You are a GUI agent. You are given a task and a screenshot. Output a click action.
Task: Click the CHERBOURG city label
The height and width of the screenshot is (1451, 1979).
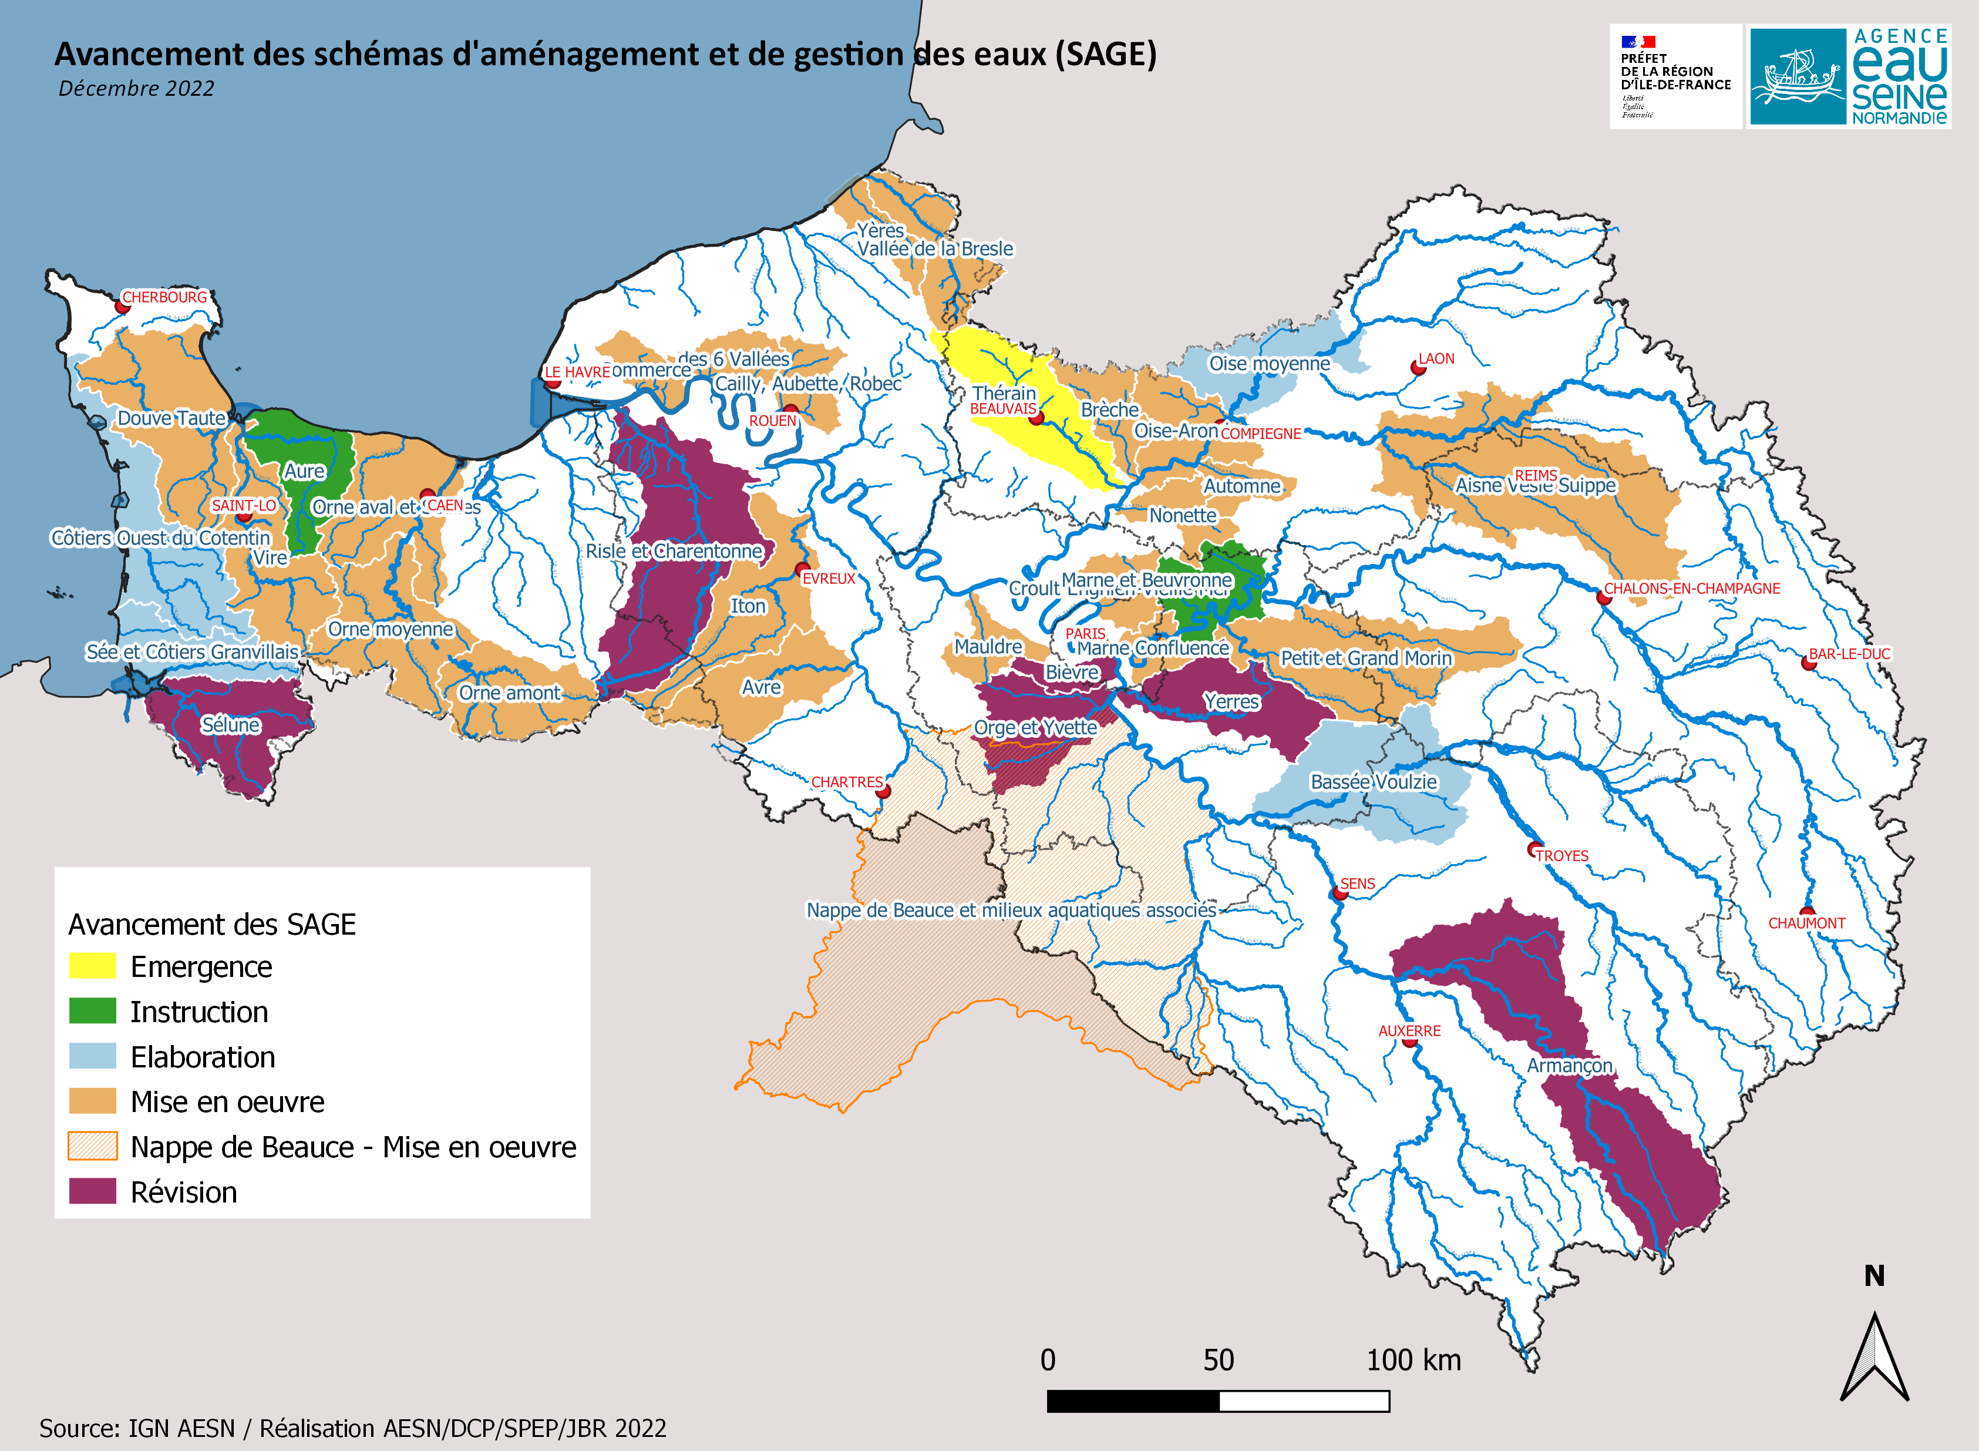point(164,297)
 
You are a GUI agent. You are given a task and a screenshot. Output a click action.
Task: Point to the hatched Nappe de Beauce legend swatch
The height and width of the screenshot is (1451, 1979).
point(92,1146)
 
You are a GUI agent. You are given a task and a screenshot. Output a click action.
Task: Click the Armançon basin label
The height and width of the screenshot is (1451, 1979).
point(1569,1066)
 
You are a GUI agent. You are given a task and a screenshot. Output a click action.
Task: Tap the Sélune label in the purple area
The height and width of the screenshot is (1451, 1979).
point(230,725)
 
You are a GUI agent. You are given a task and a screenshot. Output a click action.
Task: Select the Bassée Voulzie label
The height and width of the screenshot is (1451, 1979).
point(1373,782)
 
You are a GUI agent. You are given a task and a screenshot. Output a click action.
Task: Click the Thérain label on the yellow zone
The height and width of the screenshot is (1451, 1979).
point(1004,392)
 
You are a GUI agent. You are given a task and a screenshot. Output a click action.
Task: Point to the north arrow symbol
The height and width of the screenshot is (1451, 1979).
point(1874,1357)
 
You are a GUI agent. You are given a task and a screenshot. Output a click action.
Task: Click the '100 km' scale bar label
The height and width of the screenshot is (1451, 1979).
point(1413,1361)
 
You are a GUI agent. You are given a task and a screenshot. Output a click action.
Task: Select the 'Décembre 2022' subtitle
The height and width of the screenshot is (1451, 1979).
point(136,89)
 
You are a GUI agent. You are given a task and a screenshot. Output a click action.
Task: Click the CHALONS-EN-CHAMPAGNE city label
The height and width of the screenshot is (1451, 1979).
point(1691,589)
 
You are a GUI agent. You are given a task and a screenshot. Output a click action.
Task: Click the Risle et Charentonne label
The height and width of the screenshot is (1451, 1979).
point(674,550)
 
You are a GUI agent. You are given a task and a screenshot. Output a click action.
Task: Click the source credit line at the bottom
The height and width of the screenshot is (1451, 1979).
point(352,1428)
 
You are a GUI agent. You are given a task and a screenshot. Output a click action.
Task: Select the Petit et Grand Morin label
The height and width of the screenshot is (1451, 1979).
point(1365,658)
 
